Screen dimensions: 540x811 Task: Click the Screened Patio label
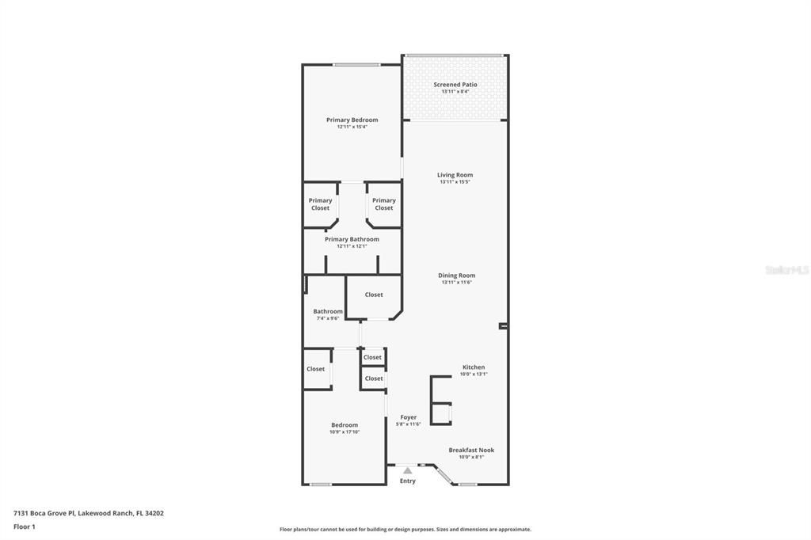click(x=455, y=85)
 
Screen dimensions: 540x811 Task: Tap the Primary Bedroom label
click(x=352, y=120)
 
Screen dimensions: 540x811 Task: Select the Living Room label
click(x=455, y=175)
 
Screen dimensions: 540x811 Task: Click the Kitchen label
click(x=474, y=367)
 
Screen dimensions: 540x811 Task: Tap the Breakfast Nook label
click(x=471, y=450)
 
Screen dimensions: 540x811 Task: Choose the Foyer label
click(x=408, y=417)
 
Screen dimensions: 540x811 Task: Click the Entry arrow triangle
click(x=407, y=470)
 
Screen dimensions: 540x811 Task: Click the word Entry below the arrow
click(x=407, y=481)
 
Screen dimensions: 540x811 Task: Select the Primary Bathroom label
click(x=352, y=239)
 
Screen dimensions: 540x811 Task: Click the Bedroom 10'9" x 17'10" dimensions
click(x=345, y=432)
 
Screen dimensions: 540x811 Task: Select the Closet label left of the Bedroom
click(x=315, y=369)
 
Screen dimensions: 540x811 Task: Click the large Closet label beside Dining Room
click(x=374, y=295)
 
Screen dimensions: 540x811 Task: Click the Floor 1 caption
click(x=25, y=527)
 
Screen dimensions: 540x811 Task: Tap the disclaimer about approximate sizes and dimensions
click(x=405, y=530)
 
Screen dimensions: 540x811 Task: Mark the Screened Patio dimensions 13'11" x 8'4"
click(x=455, y=92)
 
